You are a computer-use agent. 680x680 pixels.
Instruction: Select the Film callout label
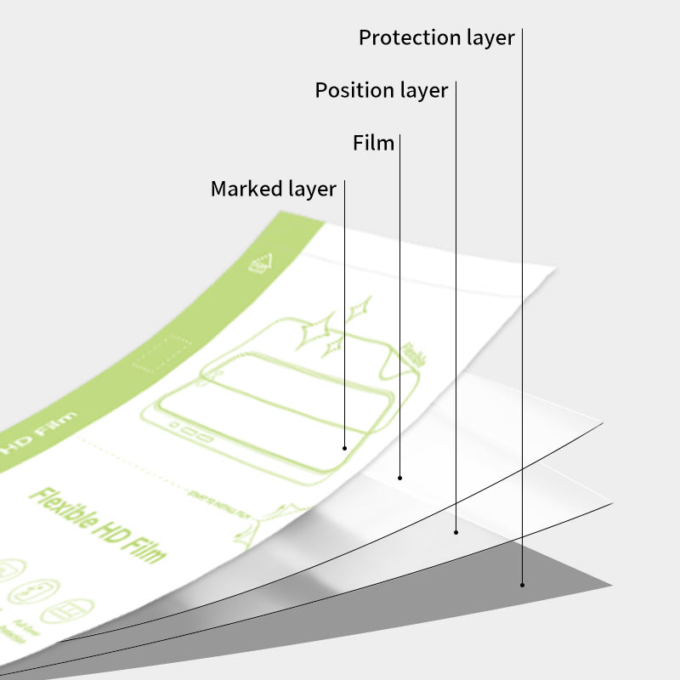coord(374,143)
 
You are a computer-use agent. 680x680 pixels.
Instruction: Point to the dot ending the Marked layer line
coord(344,447)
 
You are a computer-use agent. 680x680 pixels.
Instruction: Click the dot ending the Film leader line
coord(400,479)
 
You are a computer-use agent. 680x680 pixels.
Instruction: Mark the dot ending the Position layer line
coord(456,532)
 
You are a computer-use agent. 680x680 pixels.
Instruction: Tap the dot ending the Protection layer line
coord(522,585)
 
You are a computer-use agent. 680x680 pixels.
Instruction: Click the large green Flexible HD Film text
coord(98,525)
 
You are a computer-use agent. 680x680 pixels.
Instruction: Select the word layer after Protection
coord(489,38)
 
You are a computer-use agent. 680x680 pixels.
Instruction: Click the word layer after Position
coord(422,90)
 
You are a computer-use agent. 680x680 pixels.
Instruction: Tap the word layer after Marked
coord(311,189)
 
